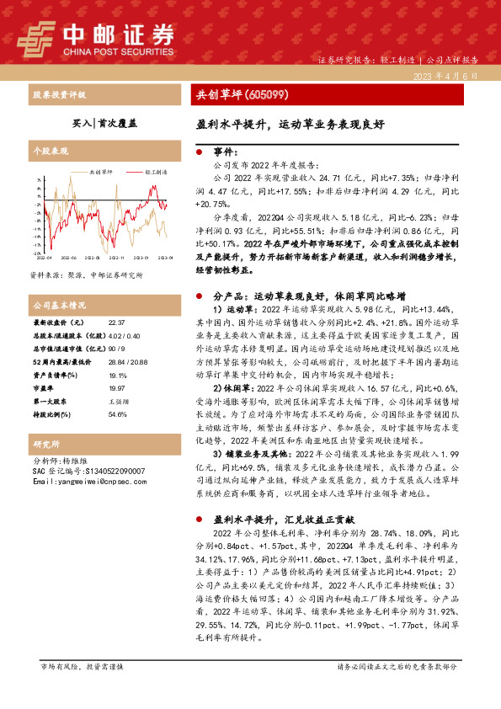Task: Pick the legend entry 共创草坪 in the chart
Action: pyautogui.click(x=104, y=172)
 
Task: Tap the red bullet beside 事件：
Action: pyautogui.click(x=198, y=152)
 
